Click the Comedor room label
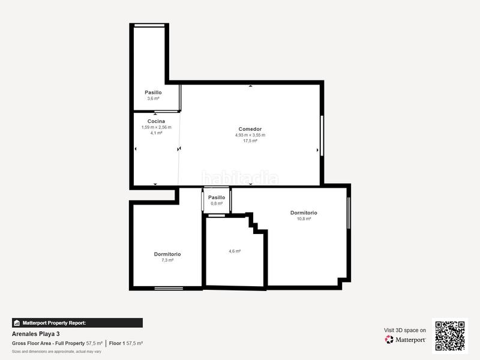pos(250,129)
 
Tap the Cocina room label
pos(156,121)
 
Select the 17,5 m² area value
pos(250,141)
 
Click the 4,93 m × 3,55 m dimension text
pos(250,135)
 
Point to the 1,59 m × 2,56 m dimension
pos(156,127)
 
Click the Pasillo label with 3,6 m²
pos(153,92)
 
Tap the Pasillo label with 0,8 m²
pos(217,197)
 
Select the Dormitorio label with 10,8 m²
pos(304,213)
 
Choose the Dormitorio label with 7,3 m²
pos(167,254)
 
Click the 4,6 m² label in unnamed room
pos(235,251)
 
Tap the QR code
pos(450,336)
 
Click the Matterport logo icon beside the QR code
pos(389,340)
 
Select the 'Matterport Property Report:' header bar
pos(77,323)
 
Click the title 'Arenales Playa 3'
pos(36,334)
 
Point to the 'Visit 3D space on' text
pos(405,330)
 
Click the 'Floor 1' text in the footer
pos(116,343)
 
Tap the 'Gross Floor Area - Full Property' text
pos(48,343)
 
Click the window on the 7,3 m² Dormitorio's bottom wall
pos(169,289)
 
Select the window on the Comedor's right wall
pos(322,135)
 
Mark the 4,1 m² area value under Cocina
pos(156,133)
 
